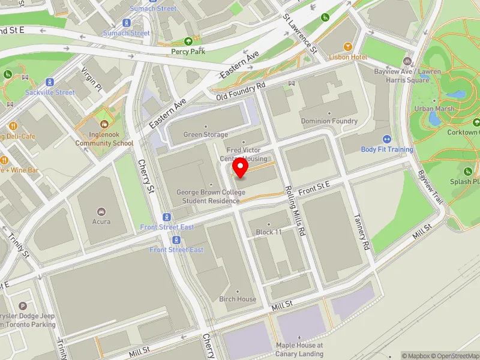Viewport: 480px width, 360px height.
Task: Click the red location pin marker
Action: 241,168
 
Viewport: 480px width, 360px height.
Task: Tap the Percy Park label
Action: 189,52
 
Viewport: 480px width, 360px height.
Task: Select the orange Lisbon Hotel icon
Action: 347,47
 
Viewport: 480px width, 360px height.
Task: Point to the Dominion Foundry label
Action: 329,121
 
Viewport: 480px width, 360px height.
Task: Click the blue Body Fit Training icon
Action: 386,139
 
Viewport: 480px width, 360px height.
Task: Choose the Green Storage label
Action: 206,135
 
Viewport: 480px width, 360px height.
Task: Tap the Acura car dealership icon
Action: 101,212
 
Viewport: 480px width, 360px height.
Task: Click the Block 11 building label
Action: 269,232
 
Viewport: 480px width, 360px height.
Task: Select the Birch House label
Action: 238,299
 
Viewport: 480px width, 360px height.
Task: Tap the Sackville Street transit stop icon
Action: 50,82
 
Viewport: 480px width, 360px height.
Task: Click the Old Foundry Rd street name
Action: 241,92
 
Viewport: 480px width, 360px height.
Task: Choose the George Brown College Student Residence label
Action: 208,197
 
